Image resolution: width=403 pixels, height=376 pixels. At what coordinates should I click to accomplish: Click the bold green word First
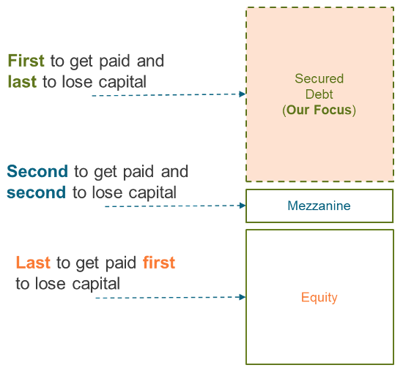(x=26, y=61)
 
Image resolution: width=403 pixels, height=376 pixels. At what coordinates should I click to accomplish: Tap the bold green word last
(x=22, y=82)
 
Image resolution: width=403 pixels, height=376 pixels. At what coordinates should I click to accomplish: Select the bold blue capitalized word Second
(x=37, y=171)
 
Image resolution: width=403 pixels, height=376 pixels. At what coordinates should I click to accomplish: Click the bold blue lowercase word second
(x=36, y=192)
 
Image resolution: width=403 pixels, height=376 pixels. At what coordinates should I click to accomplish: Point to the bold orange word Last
(x=33, y=263)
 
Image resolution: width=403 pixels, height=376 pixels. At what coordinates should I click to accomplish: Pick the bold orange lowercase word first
(x=159, y=263)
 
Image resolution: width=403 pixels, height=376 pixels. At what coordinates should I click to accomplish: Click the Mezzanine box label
(x=319, y=206)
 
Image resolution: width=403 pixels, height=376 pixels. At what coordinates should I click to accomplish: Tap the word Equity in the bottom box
(x=319, y=298)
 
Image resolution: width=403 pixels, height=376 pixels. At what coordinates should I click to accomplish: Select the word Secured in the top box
(x=319, y=78)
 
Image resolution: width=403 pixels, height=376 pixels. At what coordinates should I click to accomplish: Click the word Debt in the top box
(x=319, y=94)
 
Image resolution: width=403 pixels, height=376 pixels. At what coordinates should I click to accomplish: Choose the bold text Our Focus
(x=319, y=110)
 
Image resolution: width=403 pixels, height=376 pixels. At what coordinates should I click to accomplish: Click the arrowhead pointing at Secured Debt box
(x=242, y=94)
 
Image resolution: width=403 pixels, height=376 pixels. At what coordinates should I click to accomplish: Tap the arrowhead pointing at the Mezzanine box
(x=242, y=206)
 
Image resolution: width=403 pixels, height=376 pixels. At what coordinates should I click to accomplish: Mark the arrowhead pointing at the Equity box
(x=242, y=297)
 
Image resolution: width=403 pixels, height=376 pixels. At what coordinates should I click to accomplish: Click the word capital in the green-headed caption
(x=122, y=82)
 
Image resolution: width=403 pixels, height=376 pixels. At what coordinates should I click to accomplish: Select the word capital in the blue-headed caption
(x=152, y=192)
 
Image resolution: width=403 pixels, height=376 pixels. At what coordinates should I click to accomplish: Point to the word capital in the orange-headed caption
(x=96, y=284)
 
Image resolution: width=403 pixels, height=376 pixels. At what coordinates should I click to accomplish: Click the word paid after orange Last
(x=121, y=263)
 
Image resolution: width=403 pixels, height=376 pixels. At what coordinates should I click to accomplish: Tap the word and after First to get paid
(x=150, y=61)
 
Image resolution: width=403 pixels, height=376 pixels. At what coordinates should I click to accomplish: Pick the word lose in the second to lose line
(x=107, y=192)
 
